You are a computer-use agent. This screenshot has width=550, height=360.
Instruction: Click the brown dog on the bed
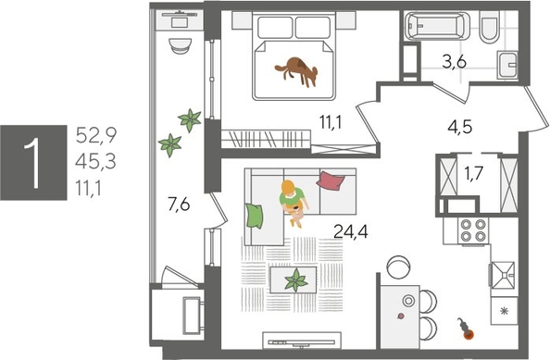pos(298,69)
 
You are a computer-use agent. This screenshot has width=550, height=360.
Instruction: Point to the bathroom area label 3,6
pos(453,65)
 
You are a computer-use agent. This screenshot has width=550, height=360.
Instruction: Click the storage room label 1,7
pos(472,172)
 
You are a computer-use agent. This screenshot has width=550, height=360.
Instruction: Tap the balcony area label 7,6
pos(180,205)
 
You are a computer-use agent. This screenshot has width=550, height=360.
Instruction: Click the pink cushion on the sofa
pos(331,180)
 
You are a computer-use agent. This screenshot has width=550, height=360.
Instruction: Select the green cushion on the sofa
pos(255,216)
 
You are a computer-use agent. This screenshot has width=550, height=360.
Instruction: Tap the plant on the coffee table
pos(296,279)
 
